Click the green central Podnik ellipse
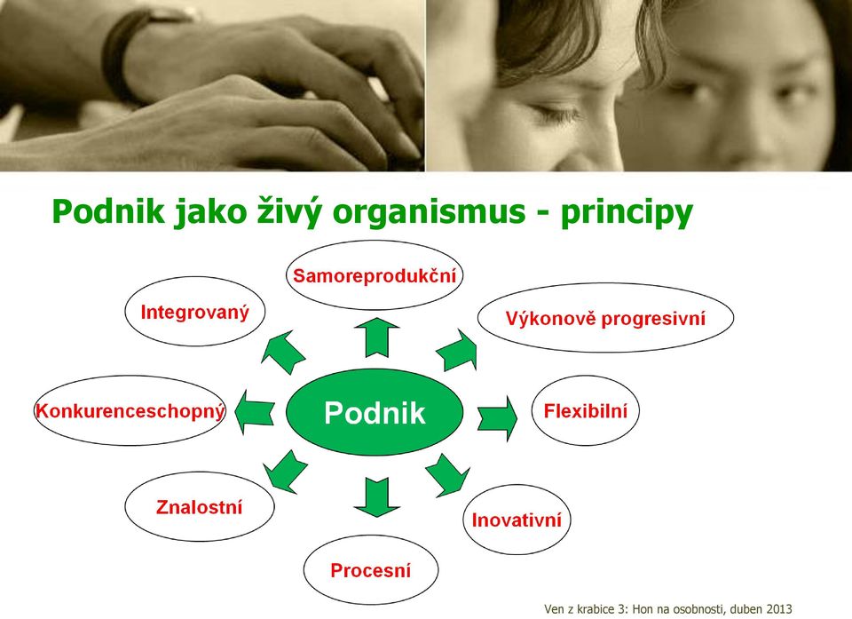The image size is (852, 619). pos(375,412)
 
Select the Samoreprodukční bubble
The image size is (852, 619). pos(375,275)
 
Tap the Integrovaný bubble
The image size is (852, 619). pos(194,312)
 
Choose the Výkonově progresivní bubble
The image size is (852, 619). pos(605,318)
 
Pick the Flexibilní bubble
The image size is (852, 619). pos(585,410)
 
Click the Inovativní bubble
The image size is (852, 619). pos(517,520)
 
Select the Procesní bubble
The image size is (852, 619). pos(371,570)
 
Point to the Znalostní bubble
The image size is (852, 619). pos(199,506)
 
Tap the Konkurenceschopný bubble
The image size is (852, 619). pos(130,410)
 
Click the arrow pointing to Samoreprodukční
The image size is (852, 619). pos(376,337)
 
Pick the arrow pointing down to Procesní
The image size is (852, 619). pos(376,497)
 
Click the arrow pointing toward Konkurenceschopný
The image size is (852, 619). pos(255,412)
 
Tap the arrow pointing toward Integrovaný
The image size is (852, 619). pos(282,352)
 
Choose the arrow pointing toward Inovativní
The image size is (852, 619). pos(447,475)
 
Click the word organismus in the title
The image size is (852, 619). pos(429,211)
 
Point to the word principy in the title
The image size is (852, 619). pos(627,213)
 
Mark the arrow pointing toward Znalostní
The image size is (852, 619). pos(285,471)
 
